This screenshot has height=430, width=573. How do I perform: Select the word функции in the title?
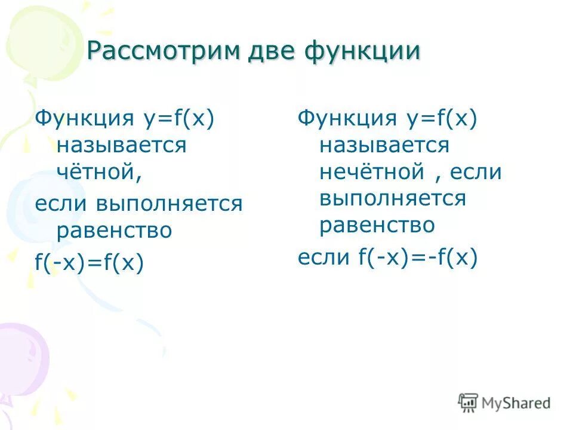coord(362,53)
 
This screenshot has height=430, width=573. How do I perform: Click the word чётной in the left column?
coord(99,172)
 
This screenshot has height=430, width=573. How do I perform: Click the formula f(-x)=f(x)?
coord(90,262)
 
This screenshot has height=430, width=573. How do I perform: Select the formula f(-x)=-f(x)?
coord(418,257)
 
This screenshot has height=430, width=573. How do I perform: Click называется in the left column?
coord(121,145)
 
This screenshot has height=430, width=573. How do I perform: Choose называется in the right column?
coord(384,145)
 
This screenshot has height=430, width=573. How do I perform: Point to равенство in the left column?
coord(114,231)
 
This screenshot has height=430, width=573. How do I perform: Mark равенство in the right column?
coord(377,226)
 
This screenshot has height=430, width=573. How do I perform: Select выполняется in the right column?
coord(392,198)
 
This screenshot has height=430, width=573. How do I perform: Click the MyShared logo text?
coord(516,403)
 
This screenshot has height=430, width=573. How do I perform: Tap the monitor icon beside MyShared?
coord(469,403)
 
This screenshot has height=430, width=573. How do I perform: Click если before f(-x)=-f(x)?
coord(324,257)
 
